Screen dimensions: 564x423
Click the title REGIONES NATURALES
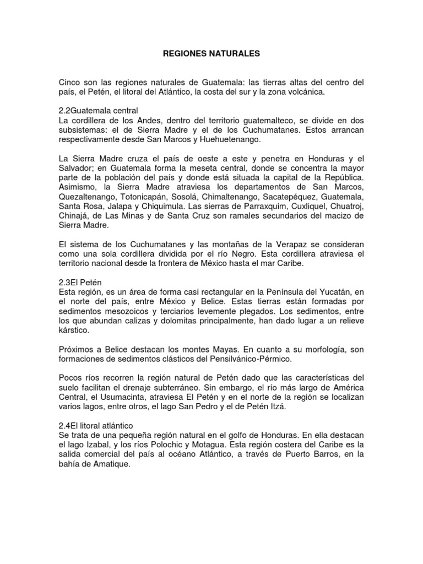click(x=211, y=55)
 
